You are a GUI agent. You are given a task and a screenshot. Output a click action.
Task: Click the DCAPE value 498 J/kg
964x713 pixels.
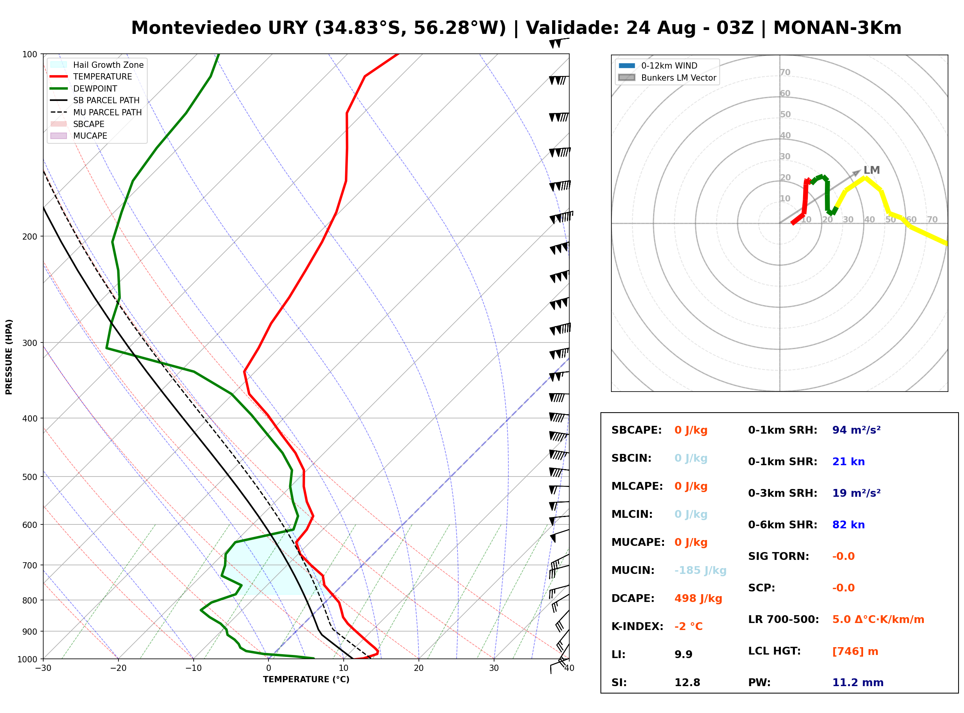698,598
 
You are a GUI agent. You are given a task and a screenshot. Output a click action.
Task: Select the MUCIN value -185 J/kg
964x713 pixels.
700,570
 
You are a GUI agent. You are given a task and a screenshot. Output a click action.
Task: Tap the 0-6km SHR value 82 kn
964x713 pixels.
848,525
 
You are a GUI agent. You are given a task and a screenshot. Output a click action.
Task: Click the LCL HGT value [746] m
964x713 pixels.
855,651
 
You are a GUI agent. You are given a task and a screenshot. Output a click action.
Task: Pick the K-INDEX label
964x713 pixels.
637,627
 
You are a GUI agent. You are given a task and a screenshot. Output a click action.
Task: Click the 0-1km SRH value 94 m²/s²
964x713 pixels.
856,430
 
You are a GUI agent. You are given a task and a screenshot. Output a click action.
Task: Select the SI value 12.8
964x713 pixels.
687,683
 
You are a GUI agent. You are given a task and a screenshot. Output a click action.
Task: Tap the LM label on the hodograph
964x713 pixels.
872,170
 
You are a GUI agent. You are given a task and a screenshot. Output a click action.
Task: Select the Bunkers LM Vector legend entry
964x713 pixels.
667,78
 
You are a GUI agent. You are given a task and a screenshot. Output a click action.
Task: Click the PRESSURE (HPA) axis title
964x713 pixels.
9,357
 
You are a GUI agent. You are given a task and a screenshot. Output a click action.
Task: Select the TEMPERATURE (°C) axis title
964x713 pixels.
306,679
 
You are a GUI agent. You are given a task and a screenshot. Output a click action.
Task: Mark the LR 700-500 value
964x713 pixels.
878,619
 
